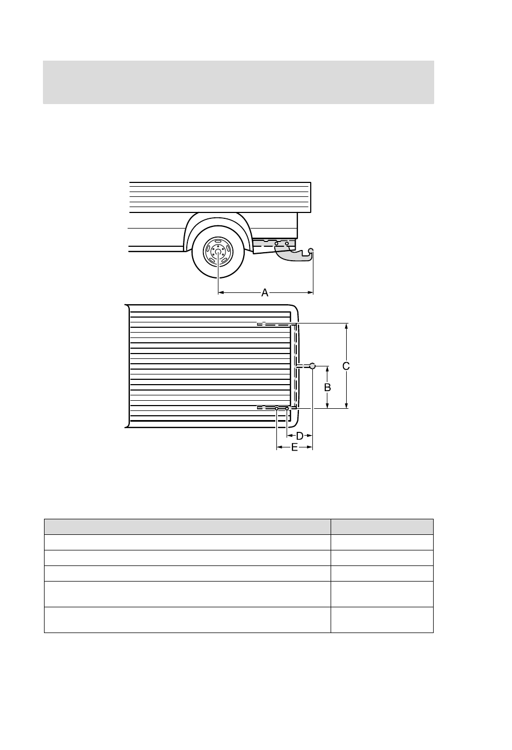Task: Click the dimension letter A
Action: (265, 292)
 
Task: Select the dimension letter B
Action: (327, 387)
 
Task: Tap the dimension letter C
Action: (346, 366)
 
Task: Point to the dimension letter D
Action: (299, 436)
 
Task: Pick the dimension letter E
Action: (294, 447)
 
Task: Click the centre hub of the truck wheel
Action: (218, 252)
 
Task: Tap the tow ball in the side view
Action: (311, 251)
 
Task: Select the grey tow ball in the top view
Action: (312, 366)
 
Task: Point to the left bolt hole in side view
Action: (276, 244)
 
